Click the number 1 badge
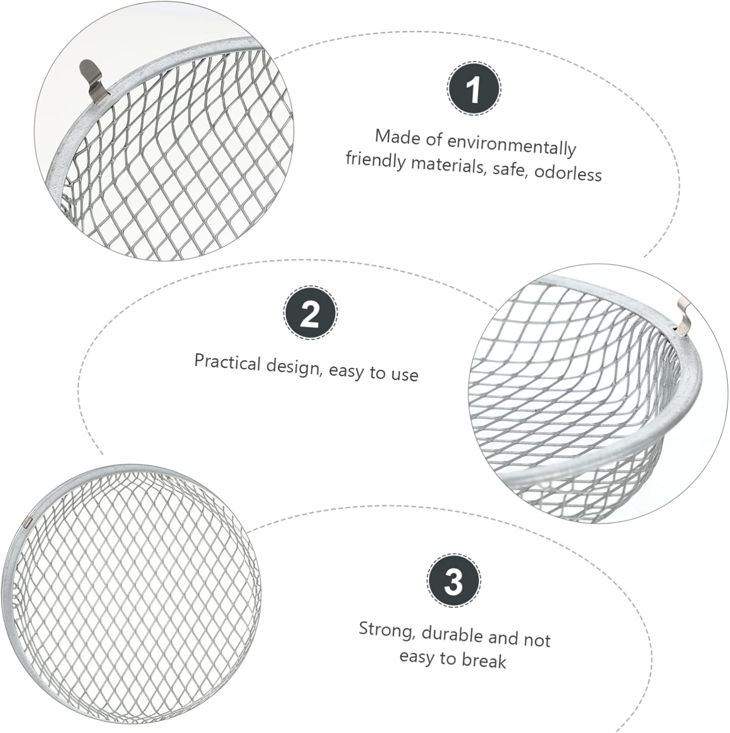474,89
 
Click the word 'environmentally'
512,146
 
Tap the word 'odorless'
568,173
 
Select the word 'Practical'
228,363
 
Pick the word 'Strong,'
387,630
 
